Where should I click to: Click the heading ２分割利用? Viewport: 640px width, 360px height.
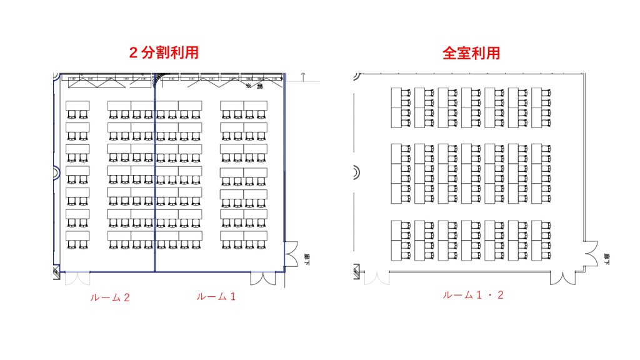coord(164,52)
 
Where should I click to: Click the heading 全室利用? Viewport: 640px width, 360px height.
coord(471,52)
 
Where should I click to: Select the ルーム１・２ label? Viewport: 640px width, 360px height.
coord(473,295)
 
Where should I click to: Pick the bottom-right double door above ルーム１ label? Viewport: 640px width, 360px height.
coord(262,279)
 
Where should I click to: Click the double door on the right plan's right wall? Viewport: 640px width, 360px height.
coord(591,256)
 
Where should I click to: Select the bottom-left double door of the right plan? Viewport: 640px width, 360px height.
coord(376,277)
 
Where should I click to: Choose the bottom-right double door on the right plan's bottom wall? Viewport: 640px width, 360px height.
coord(571,277)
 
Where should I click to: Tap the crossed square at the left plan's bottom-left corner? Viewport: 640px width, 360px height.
coord(55,271)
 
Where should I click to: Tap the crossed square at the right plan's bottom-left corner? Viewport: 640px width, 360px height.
coord(356,271)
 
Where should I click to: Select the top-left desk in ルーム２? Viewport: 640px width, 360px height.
coord(77,105)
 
